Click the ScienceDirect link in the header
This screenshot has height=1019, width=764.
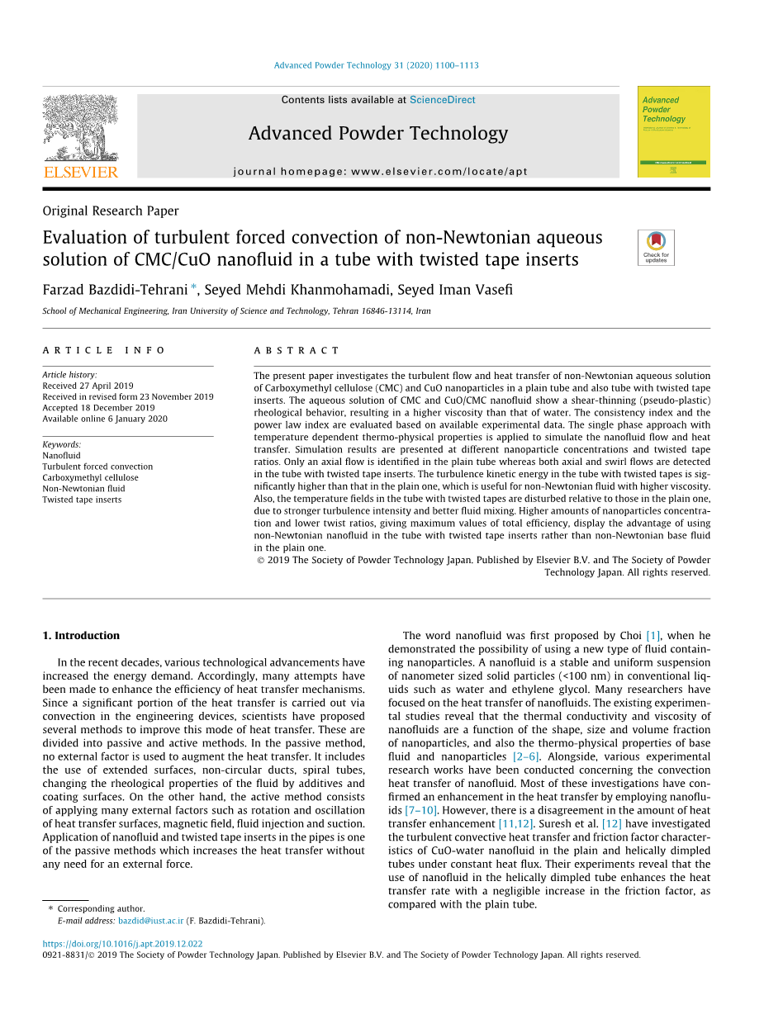coord(442,100)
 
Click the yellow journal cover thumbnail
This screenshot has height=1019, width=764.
coord(673,131)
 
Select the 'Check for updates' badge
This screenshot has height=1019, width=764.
coord(656,247)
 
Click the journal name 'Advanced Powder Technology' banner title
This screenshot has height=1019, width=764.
coord(377,134)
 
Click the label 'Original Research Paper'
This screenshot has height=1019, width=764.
coord(111,211)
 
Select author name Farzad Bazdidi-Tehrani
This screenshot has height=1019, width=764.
coord(116,289)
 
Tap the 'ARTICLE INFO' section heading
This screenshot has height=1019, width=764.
coord(104,351)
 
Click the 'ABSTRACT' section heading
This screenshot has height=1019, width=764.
coord(297,351)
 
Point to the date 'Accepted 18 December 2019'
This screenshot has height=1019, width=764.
coord(98,408)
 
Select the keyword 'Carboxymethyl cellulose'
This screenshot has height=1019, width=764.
coord(90,477)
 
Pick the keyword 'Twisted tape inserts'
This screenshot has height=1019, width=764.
coord(82,500)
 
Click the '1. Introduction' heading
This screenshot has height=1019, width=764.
coord(81,636)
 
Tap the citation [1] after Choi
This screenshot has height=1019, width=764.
coord(652,636)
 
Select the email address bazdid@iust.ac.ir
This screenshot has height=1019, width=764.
coord(150,921)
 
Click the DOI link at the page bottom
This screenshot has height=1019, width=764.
coord(122,944)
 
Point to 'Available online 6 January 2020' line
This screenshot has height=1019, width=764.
coord(105,419)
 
